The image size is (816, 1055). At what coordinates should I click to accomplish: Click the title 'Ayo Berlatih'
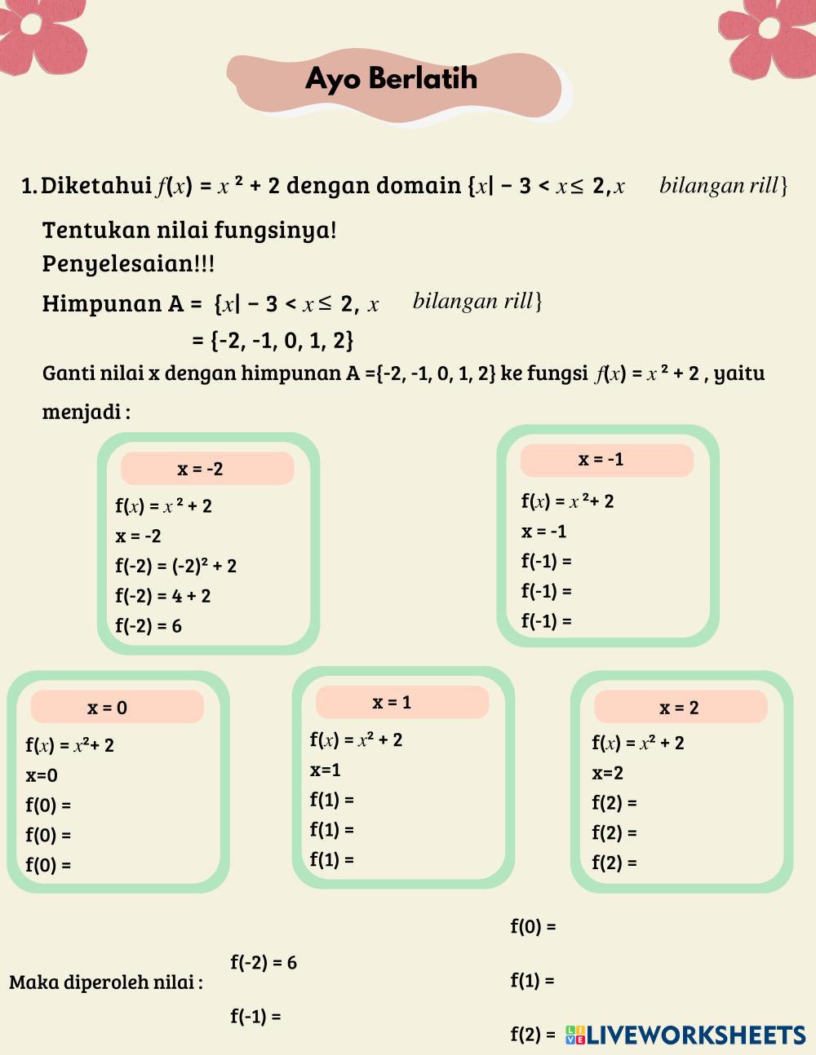pyautogui.click(x=391, y=79)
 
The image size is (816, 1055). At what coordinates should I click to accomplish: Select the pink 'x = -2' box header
pyautogui.click(x=207, y=469)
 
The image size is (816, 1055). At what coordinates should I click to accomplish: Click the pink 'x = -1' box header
pyautogui.click(x=606, y=460)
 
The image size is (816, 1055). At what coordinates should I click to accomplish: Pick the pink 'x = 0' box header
pyautogui.click(x=117, y=707)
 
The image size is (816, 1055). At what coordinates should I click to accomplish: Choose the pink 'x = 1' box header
pyautogui.click(x=401, y=702)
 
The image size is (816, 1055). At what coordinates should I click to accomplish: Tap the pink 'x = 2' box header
pyautogui.click(x=680, y=707)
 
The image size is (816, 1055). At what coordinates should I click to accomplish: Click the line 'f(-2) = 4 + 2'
pyautogui.click(x=163, y=596)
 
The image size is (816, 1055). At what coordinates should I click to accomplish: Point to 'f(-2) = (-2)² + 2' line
pyautogui.click(x=176, y=566)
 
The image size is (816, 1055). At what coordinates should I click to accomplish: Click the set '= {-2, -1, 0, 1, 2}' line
pyautogui.click(x=273, y=340)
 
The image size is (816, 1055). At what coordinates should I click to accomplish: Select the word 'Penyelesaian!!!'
pyautogui.click(x=129, y=264)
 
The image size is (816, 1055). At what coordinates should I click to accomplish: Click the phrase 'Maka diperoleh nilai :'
pyautogui.click(x=106, y=982)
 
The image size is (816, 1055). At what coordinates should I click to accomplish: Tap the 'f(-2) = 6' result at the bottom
pyautogui.click(x=264, y=963)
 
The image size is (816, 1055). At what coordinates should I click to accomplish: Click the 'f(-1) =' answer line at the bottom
pyautogui.click(x=255, y=1017)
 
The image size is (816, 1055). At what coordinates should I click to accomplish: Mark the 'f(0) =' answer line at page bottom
pyautogui.click(x=533, y=927)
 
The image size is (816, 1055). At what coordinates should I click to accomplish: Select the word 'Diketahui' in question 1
pyautogui.click(x=96, y=186)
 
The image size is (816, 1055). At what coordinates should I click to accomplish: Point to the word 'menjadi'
pyautogui.click(x=82, y=412)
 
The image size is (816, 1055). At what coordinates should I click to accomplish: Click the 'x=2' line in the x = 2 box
pyautogui.click(x=608, y=773)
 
